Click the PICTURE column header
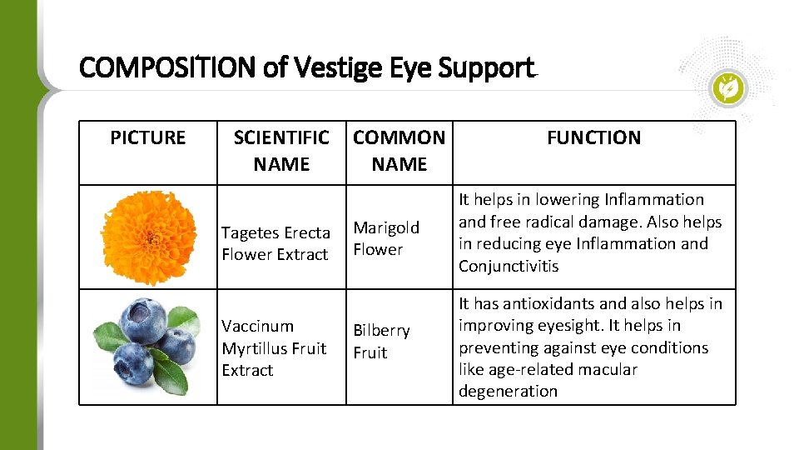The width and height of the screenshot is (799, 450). tap(148, 137)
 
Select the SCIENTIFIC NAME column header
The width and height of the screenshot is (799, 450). tap(281, 151)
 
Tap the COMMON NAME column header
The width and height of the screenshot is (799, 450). tap(399, 151)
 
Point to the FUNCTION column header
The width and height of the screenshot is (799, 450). tap(593, 137)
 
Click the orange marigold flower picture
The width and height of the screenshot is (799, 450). tap(148, 237)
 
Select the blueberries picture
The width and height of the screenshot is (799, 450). tap(147, 346)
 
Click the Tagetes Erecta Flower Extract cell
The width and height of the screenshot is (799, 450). tap(275, 243)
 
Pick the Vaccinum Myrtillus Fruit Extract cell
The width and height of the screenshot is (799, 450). tap(274, 347)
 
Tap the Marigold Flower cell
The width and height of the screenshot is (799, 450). tap(386, 238)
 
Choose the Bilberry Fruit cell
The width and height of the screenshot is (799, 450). tap(381, 342)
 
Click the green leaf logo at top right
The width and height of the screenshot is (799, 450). tap(730, 87)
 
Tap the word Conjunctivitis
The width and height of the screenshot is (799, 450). tap(509, 266)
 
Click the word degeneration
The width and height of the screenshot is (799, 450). tap(508, 391)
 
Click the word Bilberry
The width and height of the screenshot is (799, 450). tap(381, 331)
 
